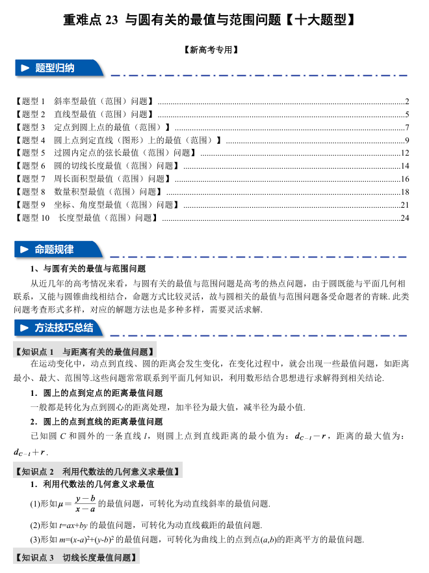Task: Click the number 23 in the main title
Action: [x=110, y=20]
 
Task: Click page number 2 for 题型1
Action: [x=407, y=101]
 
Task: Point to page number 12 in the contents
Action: [x=405, y=153]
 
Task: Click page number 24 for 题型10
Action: [x=405, y=217]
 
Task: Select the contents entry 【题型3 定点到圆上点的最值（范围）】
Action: [x=92, y=127]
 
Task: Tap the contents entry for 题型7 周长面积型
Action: [x=92, y=179]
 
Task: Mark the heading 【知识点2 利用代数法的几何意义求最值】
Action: [x=97, y=471]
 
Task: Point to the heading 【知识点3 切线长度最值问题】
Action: [x=76, y=557]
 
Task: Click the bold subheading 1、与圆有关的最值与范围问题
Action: [x=88, y=268]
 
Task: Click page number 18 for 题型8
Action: [x=405, y=192]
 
